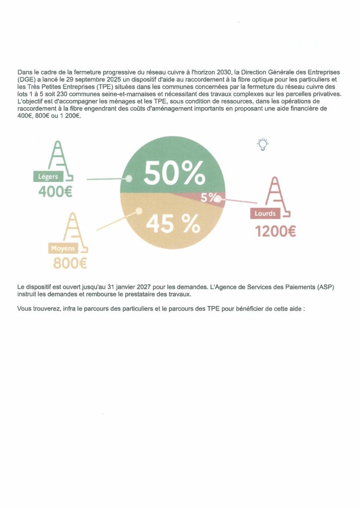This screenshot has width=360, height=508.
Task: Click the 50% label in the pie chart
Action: tap(174, 173)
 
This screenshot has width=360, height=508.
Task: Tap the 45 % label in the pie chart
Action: tap(172, 224)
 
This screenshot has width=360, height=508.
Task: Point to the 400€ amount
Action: tap(55, 191)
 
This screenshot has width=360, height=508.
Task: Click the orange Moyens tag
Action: tap(63, 248)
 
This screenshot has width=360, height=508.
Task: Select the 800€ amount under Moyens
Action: tap(70, 263)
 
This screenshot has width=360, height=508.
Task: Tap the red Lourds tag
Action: tap(265, 214)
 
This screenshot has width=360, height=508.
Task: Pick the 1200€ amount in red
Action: tap(275, 231)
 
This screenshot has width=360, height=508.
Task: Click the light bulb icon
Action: tap(262, 144)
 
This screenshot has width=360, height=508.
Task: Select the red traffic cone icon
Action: tap(276, 194)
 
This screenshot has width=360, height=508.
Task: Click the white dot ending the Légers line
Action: tap(128, 179)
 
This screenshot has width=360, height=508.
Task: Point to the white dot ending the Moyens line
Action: tap(139, 211)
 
